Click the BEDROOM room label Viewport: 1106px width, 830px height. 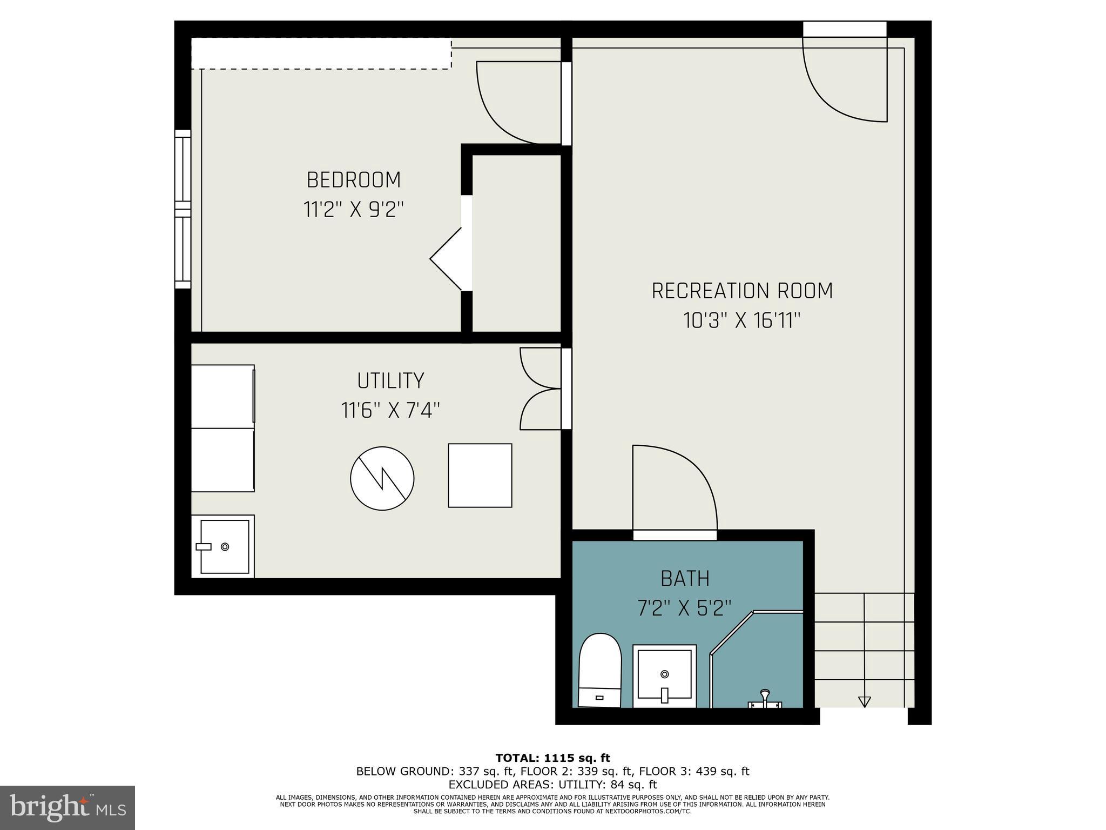click(x=354, y=180)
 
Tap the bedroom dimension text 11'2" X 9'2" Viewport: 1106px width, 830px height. click(x=354, y=209)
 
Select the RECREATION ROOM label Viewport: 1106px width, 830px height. click(x=742, y=291)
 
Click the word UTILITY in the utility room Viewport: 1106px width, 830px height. click(x=390, y=380)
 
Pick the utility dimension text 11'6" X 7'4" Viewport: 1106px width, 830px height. click(x=390, y=411)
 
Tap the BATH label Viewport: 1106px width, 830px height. click(x=685, y=579)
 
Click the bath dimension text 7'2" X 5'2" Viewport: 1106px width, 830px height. click(x=684, y=608)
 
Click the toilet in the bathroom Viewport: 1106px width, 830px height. click(x=599, y=670)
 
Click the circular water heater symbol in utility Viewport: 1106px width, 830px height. click(x=382, y=478)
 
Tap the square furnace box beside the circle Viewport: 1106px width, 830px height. click(x=480, y=476)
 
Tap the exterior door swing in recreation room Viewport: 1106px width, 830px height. click(x=842, y=81)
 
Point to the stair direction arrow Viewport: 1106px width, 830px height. click(x=864, y=701)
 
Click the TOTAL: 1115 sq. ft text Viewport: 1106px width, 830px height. click(x=552, y=758)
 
